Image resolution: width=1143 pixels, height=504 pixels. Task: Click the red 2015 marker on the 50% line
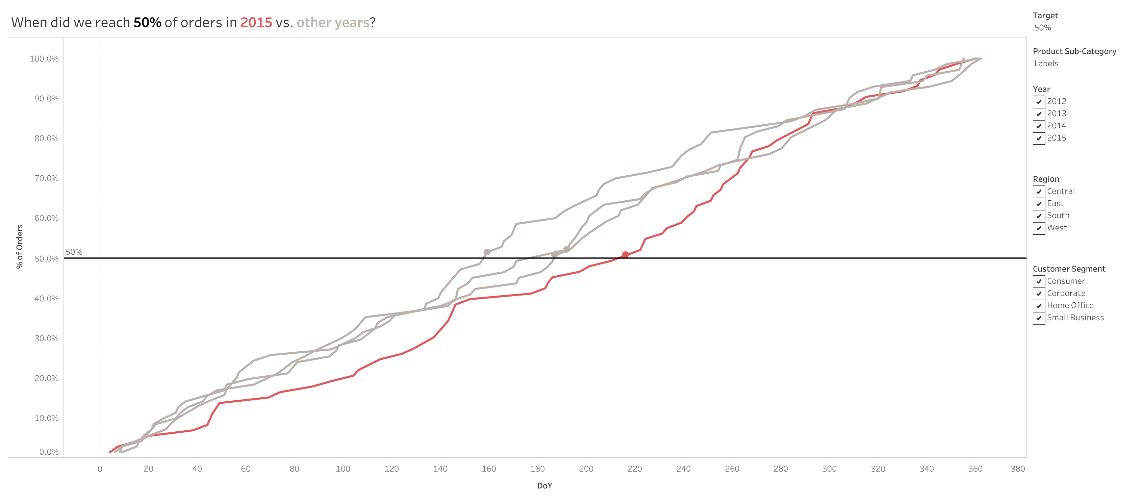(625, 255)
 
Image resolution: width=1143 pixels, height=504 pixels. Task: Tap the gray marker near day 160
(487, 252)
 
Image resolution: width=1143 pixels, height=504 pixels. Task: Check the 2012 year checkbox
(1039, 102)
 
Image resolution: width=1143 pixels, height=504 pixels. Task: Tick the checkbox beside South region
(1039, 216)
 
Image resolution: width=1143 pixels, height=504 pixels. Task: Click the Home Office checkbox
(1039, 306)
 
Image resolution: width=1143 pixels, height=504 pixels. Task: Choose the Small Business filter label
(1075, 318)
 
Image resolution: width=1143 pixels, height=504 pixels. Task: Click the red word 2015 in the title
(256, 23)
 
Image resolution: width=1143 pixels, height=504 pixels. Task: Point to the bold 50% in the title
(147, 23)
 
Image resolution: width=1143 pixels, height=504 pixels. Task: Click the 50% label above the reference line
(74, 252)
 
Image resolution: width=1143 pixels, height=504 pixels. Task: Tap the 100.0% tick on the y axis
(44, 58)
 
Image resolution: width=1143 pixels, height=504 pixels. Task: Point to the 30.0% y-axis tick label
(46, 338)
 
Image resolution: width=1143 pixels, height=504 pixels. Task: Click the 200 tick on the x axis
(586, 469)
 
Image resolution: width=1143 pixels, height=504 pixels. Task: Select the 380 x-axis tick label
(1018, 469)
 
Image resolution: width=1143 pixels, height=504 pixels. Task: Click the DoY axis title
(544, 486)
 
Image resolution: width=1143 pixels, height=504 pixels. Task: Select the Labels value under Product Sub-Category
(1046, 64)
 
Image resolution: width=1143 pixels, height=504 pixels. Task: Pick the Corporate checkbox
(1039, 294)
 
